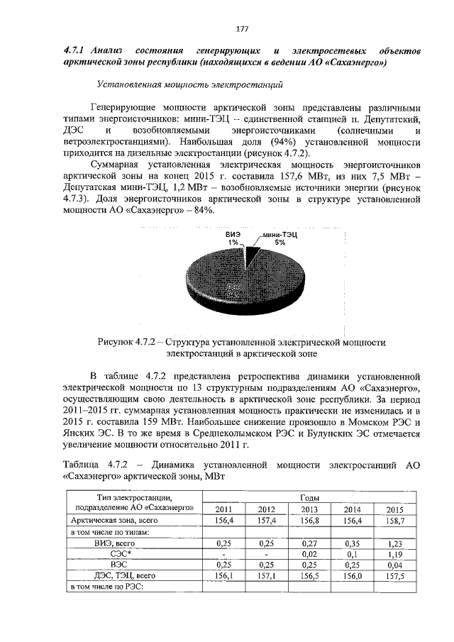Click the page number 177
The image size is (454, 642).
[x=241, y=29]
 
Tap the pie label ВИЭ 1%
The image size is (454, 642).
[x=233, y=237]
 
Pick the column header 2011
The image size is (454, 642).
[x=223, y=509]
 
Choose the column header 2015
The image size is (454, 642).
[x=395, y=509]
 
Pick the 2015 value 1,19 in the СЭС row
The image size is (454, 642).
[x=395, y=553]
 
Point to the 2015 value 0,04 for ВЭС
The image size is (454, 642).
[x=395, y=564]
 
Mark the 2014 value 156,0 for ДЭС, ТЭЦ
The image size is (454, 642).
[x=352, y=575]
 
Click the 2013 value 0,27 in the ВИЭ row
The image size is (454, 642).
[x=309, y=542]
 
